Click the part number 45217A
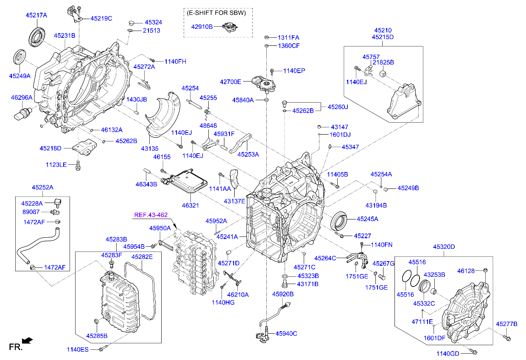pos(36,15)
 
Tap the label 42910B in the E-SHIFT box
pos(201,27)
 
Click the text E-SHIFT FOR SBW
pos(217,13)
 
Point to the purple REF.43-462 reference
pos(151,215)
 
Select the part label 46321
pos(190,205)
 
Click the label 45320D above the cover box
pos(444,247)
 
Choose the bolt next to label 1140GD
pos(474,352)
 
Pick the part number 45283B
pos(116,240)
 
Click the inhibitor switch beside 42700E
pos(263,82)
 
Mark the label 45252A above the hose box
pos(42,187)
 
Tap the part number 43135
pos(150,148)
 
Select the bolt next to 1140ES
pos(102,349)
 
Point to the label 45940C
pos(286,334)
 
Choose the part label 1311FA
pos(289,37)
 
